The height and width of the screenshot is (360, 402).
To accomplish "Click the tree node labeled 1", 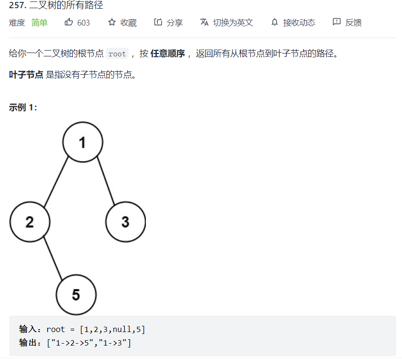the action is [82, 142].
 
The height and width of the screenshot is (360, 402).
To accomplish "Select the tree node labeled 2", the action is [30, 222].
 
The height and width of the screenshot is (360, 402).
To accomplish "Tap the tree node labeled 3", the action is [125, 222].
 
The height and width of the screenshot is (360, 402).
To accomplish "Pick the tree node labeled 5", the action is [76, 294].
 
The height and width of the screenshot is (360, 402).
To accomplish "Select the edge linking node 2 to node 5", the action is [53, 258].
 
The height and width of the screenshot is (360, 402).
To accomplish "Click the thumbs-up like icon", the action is [69, 22].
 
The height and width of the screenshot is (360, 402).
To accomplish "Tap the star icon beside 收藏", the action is [112, 22].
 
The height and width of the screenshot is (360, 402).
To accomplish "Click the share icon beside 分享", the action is [158, 22].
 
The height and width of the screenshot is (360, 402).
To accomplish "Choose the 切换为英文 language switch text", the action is [233, 23].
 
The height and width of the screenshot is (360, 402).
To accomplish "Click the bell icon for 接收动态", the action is [275, 22].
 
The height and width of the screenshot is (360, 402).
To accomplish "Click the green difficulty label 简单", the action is [39, 23].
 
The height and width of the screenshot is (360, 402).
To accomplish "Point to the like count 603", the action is [83, 23].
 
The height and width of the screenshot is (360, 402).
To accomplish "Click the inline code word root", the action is [117, 54].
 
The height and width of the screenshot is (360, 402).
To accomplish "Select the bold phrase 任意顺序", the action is [168, 53].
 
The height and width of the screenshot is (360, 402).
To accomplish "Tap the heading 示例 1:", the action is [23, 107].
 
